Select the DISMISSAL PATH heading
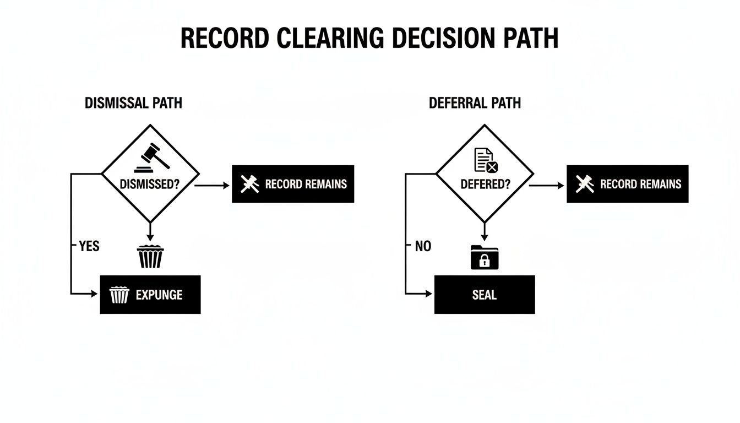pyautogui.click(x=133, y=103)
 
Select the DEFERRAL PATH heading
pyautogui.click(x=475, y=103)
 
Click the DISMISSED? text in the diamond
pyautogui.click(x=150, y=184)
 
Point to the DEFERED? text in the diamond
pyautogui.click(x=485, y=184)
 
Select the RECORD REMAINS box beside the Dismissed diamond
pyautogui.click(x=293, y=184)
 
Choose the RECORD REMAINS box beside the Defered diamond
pyautogui.click(x=627, y=184)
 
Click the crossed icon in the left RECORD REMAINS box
pyautogui.click(x=251, y=184)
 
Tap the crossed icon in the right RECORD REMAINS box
pyautogui.click(x=585, y=184)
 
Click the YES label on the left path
pyautogui.click(x=89, y=246)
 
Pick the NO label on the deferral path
pyautogui.click(x=423, y=246)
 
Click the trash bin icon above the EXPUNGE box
pyautogui.click(x=150, y=256)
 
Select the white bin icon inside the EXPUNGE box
pyautogui.click(x=119, y=295)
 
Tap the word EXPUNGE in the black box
pyautogui.click(x=159, y=295)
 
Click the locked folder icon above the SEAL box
pyautogui.click(x=485, y=258)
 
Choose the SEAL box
pyautogui.click(x=485, y=295)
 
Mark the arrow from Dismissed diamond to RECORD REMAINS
pyautogui.click(x=213, y=186)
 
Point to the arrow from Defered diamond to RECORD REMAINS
pyautogui.click(x=547, y=186)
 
